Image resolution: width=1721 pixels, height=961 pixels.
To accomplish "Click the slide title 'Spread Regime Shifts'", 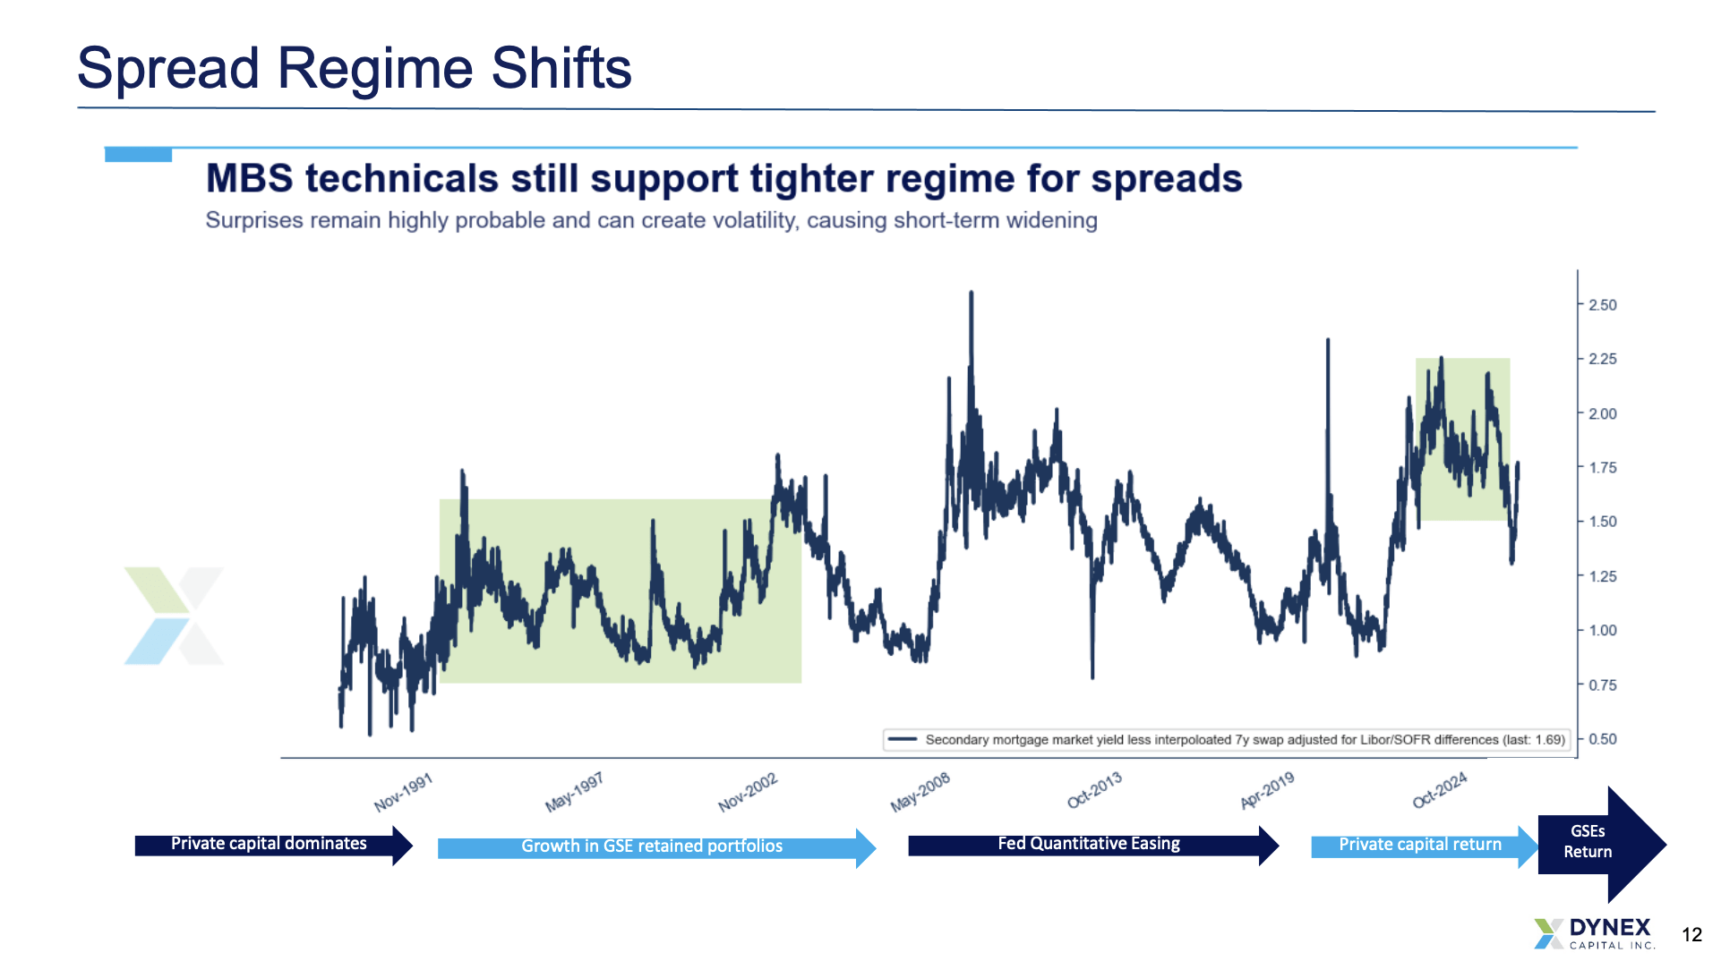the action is click(x=355, y=68).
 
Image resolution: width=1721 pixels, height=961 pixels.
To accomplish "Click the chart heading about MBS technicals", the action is click(x=724, y=178).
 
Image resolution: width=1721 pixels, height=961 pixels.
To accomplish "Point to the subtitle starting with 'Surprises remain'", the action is click(x=651, y=220).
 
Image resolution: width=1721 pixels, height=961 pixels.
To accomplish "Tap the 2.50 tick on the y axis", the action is click(x=1602, y=305).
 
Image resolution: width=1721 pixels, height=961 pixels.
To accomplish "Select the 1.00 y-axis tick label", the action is click(x=1602, y=631).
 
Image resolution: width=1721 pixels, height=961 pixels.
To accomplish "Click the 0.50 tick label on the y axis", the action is click(x=1602, y=739).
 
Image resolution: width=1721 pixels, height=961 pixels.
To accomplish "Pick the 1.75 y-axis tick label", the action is click(x=1602, y=468).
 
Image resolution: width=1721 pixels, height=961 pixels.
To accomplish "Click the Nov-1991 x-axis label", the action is click(x=404, y=793).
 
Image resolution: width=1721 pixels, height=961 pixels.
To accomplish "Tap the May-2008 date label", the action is click(x=920, y=793).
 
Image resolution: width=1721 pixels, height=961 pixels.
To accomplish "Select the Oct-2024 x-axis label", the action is click(x=1440, y=790).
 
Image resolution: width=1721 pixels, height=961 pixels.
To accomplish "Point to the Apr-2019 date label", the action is click(x=1268, y=791).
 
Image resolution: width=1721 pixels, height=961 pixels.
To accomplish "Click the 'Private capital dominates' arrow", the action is click(x=274, y=845).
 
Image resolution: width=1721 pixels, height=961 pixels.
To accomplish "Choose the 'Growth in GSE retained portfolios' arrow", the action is click(x=656, y=847).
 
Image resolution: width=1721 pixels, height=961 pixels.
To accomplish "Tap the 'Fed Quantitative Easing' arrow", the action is click(x=1093, y=846).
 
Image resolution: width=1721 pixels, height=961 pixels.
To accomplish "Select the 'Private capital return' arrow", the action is click(x=1425, y=846).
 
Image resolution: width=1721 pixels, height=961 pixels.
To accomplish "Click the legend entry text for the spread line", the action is click(x=1246, y=740).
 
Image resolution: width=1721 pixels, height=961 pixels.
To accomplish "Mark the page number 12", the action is click(x=1691, y=935).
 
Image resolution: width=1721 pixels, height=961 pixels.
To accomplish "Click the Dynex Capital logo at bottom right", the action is click(x=1594, y=933).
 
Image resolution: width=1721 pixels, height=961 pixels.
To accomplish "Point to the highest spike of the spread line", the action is click(x=972, y=293).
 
